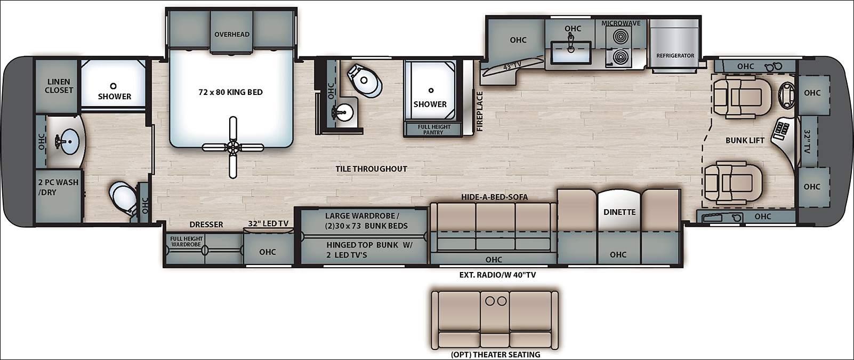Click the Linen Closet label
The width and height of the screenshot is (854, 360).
pyautogui.click(x=59, y=86)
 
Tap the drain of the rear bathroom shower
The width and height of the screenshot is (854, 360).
pyautogui.click(x=113, y=86)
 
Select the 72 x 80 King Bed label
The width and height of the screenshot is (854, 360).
pyautogui.click(x=231, y=92)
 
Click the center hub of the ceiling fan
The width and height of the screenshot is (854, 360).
pyautogui.click(x=232, y=147)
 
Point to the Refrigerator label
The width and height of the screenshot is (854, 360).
pyautogui.click(x=675, y=55)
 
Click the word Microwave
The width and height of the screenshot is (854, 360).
pyautogui.click(x=621, y=23)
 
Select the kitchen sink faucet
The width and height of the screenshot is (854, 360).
pyautogui.click(x=571, y=42)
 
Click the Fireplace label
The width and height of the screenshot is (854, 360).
pyautogui.click(x=480, y=111)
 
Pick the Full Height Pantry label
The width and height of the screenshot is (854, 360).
pyautogui.click(x=434, y=130)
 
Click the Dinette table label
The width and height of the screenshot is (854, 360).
pyautogui.click(x=619, y=212)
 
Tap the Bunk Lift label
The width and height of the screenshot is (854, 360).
pyautogui.click(x=745, y=140)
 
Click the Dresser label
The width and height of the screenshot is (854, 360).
pyautogui.click(x=206, y=225)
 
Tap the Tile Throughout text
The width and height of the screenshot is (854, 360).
pyautogui.click(x=372, y=169)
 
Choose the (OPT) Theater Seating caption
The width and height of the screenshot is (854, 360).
pyautogui.click(x=496, y=355)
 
